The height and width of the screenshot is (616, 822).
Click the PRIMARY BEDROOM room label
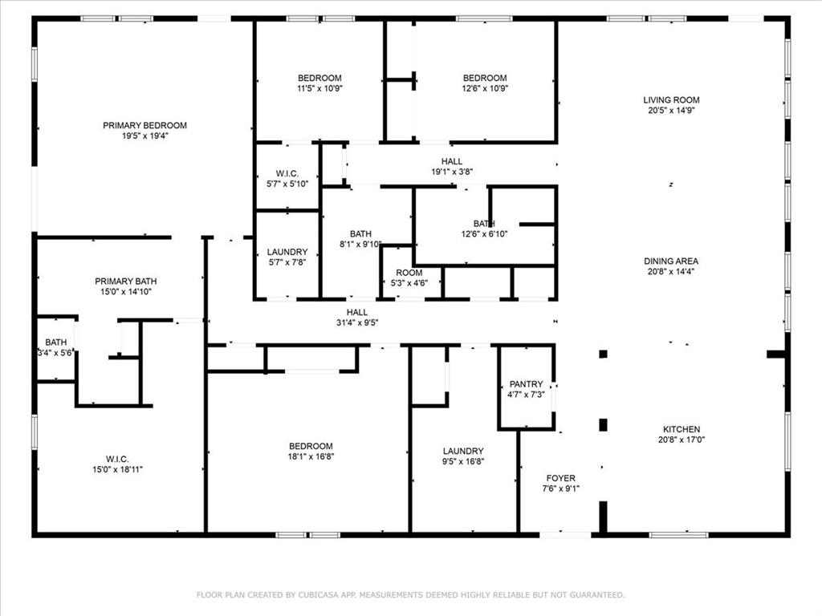[x=144, y=125]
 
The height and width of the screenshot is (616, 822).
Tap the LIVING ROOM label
[x=671, y=100]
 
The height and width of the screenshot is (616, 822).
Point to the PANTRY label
[x=527, y=384]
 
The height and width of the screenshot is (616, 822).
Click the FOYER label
[x=560, y=478]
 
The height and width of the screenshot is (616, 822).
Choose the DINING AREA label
[x=671, y=261]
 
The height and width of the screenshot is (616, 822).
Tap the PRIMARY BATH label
[x=126, y=282]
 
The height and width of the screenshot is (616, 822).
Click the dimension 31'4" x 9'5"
[x=357, y=323]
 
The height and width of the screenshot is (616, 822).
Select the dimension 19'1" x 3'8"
[x=452, y=172]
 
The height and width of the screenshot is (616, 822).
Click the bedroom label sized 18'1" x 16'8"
[x=311, y=446]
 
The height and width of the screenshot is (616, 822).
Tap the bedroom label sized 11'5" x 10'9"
[x=319, y=78]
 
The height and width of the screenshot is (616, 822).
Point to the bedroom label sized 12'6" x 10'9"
[x=485, y=78]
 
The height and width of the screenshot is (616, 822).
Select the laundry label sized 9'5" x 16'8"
[x=463, y=451]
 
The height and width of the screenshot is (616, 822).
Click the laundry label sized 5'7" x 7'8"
[x=287, y=252]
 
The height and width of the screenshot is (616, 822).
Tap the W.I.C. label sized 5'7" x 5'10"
[x=287, y=173]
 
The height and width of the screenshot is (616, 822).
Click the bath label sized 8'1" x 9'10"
[x=360, y=234]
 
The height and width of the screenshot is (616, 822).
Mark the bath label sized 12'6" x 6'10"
[x=484, y=224]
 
